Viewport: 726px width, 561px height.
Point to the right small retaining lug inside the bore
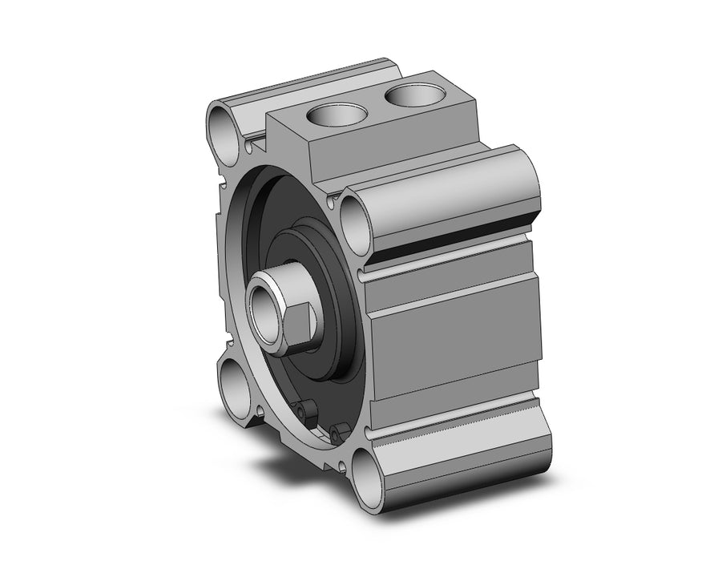tap(333, 434)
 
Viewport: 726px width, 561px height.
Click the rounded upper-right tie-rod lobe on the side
tap(449, 192)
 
